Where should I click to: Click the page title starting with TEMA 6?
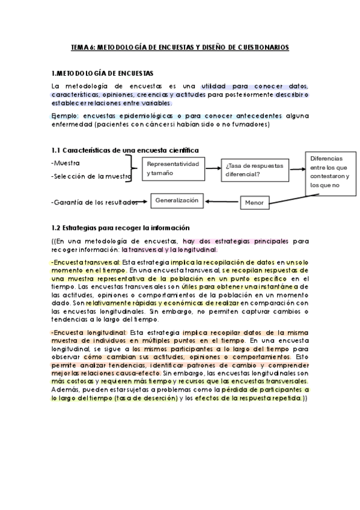(180, 46)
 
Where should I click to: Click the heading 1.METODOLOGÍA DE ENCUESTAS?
(103, 73)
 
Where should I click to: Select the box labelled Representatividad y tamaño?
(172, 168)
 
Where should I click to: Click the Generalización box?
(177, 201)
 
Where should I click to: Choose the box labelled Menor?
(254, 203)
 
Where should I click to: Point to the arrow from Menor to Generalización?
(222, 201)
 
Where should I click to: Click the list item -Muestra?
(66, 163)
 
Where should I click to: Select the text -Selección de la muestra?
(91, 177)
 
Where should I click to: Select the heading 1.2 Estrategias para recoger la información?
(121, 228)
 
